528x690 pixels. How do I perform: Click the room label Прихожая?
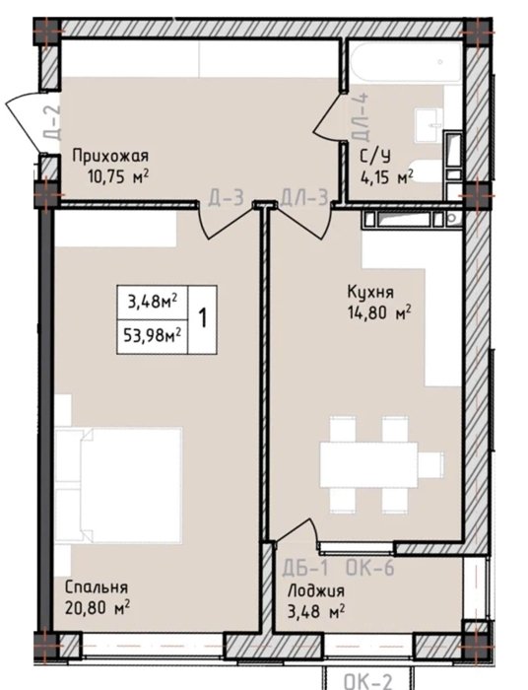(x=110, y=156)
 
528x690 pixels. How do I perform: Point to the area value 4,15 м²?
(x=387, y=177)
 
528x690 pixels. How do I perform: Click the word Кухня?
(x=370, y=292)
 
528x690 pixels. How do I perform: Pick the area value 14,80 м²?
(x=379, y=312)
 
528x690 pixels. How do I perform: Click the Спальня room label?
(x=97, y=587)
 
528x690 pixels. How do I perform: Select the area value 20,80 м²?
(x=97, y=608)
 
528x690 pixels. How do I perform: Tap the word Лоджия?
(x=315, y=590)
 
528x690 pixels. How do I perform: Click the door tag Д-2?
(x=52, y=122)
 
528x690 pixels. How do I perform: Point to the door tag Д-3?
(x=226, y=197)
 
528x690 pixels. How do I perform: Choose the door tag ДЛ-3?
(x=303, y=197)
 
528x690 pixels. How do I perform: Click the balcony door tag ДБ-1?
(x=304, y=568)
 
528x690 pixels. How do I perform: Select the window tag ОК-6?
(x=369, y=568)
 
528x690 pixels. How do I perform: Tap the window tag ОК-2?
(x=367, y=682)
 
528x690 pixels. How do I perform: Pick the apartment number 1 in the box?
(x=203, y=318)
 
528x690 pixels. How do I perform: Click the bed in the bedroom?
(x=118, y=485)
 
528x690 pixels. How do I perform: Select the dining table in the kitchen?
(x=368, y=464)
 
